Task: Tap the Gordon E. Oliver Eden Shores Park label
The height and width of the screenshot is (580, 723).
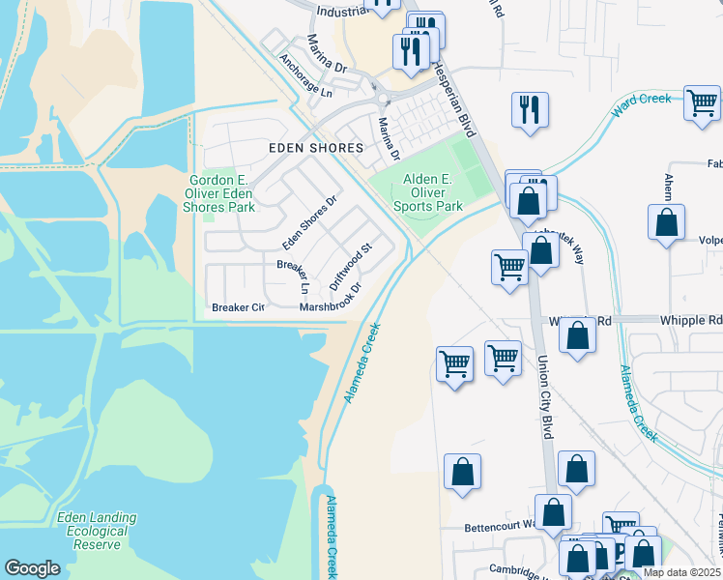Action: pos(221,193)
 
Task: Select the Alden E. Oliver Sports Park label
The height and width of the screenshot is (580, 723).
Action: pos(427,192)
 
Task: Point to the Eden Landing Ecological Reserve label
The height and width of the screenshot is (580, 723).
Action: pos(97,531)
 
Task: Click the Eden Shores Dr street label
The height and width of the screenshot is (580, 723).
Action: pos(309,221)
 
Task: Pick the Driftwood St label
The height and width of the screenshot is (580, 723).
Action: pos(350,261)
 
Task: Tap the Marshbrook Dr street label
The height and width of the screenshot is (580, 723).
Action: pos(330,300)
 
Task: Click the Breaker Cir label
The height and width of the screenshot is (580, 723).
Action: pos(238,307)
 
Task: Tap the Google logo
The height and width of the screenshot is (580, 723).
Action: pos(32,568)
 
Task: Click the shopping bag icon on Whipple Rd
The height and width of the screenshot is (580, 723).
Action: pos(577,335)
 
